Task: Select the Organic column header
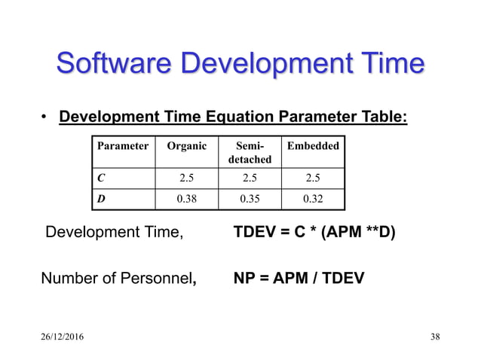185,146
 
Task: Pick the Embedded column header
313,146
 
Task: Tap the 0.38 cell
185,199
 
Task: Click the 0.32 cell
313,199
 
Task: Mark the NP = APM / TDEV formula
299,279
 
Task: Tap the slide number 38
434,336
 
